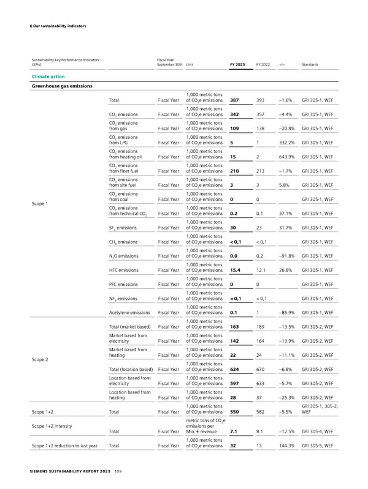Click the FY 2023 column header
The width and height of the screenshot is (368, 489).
click(x=237, y=64)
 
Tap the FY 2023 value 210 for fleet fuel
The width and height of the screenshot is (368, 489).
click(x=234, y=171)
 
